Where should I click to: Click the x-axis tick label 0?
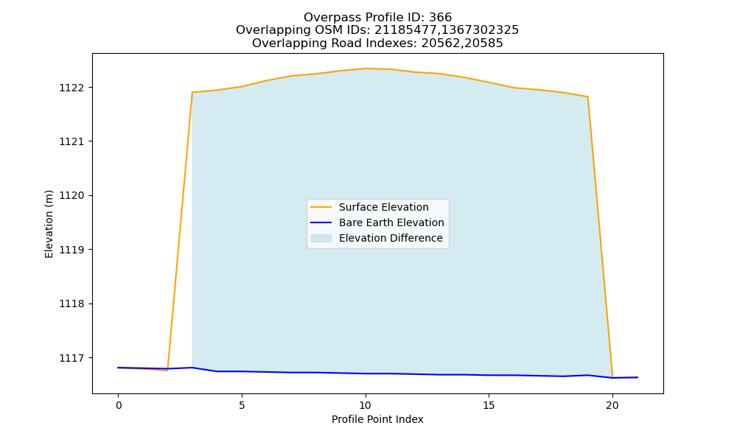tap(119, 405)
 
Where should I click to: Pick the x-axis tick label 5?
tap(242, 405)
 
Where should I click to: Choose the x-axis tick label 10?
tap(366, 405)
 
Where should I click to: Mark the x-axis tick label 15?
tap(489, 405)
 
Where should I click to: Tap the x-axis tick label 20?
tap(612, 405)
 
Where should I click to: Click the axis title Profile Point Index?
tap(377, 419)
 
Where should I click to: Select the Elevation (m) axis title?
tap(49, 224)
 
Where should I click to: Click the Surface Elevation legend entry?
tap(383, 207)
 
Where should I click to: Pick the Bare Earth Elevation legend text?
tap(391, 222)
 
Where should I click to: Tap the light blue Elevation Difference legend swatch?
tap(321, 238)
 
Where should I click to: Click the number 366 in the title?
tap(441, 18)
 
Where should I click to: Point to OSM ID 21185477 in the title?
tap(406, 30)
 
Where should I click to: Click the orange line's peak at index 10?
tap(366, 69)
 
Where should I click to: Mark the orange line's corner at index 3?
tap(192, 93)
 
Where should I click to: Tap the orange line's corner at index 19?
tap(587, 97)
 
